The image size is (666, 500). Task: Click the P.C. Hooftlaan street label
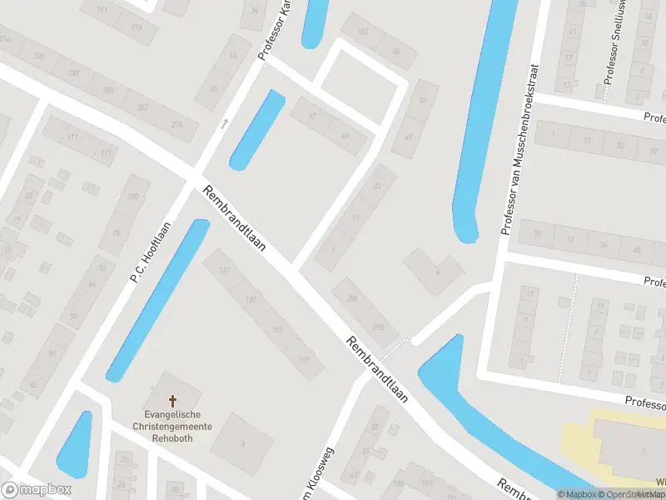click(151, 252)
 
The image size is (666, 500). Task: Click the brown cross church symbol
click(174, 401)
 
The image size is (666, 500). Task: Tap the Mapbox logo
click(23, 490)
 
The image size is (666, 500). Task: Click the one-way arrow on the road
click(223, 124)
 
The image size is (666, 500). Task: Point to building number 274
click(176, 125)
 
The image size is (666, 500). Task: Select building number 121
click(223, 271)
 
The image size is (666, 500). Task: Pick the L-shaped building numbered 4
click(436, 270)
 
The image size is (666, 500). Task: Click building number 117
click(106, 153)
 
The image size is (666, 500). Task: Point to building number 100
click(133, 197)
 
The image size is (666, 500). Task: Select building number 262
click(142, 107)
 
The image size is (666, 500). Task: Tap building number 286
click(352, 297)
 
